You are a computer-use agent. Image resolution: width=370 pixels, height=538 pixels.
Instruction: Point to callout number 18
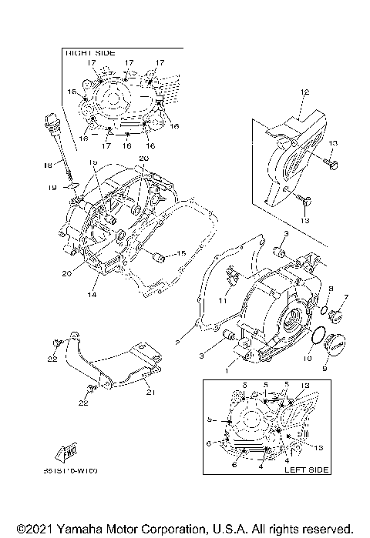[47, 165]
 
